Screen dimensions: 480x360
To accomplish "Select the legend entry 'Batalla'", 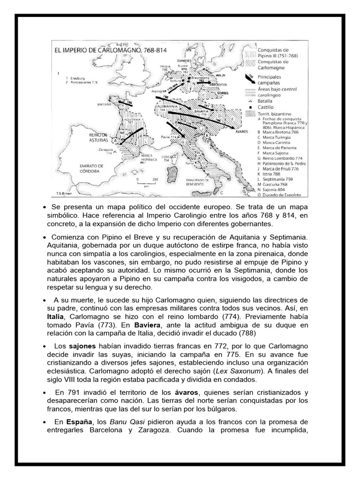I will [265, 101].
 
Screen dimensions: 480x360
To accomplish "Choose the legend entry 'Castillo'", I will [265, 107].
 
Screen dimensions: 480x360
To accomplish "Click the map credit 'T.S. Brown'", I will [63, 193].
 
